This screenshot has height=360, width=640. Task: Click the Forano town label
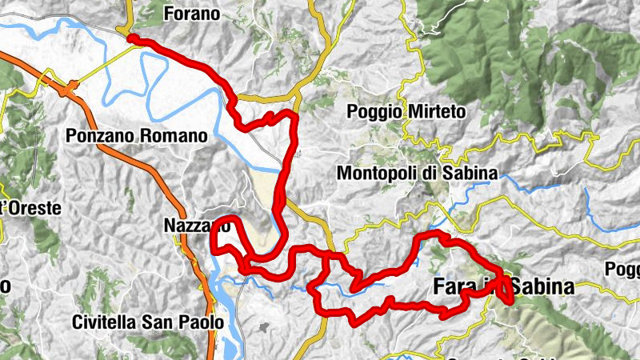(x=191, y=13)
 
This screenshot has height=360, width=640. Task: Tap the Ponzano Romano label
(x=138, y=137)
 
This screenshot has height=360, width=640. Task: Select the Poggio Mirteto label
(x=406, y=113)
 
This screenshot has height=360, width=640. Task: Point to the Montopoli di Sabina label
(x=417, y=173)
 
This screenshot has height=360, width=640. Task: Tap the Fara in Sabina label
(x=503, y=286)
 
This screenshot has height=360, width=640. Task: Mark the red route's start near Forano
(x=130, y=38)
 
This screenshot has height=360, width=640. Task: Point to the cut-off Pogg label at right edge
(x=622, y=268)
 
